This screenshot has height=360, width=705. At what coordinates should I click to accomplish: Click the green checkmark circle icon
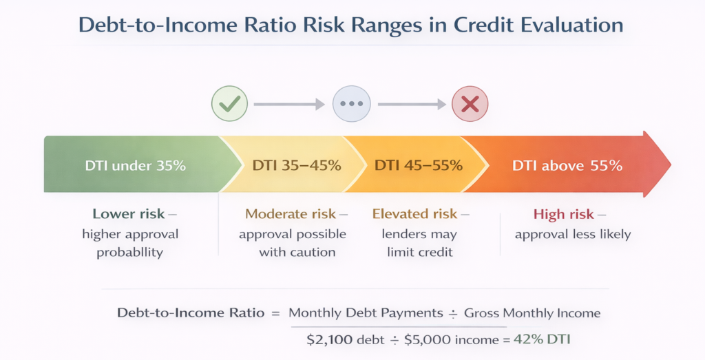click(229, 105)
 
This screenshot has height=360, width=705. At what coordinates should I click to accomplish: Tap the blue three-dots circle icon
click(351, 105)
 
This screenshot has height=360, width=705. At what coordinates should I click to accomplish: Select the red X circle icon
click(470, 105)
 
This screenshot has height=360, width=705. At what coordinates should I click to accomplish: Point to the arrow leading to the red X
click(411, 105)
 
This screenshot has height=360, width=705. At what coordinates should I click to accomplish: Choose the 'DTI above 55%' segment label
click(567, 166)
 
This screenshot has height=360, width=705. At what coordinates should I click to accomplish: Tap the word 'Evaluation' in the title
click(573, 25)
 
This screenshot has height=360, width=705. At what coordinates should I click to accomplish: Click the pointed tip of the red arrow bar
click(669, 165)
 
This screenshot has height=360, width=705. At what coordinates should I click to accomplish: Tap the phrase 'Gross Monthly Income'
click(532, 313)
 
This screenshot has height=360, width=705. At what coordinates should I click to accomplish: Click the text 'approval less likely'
click(573, 234)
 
